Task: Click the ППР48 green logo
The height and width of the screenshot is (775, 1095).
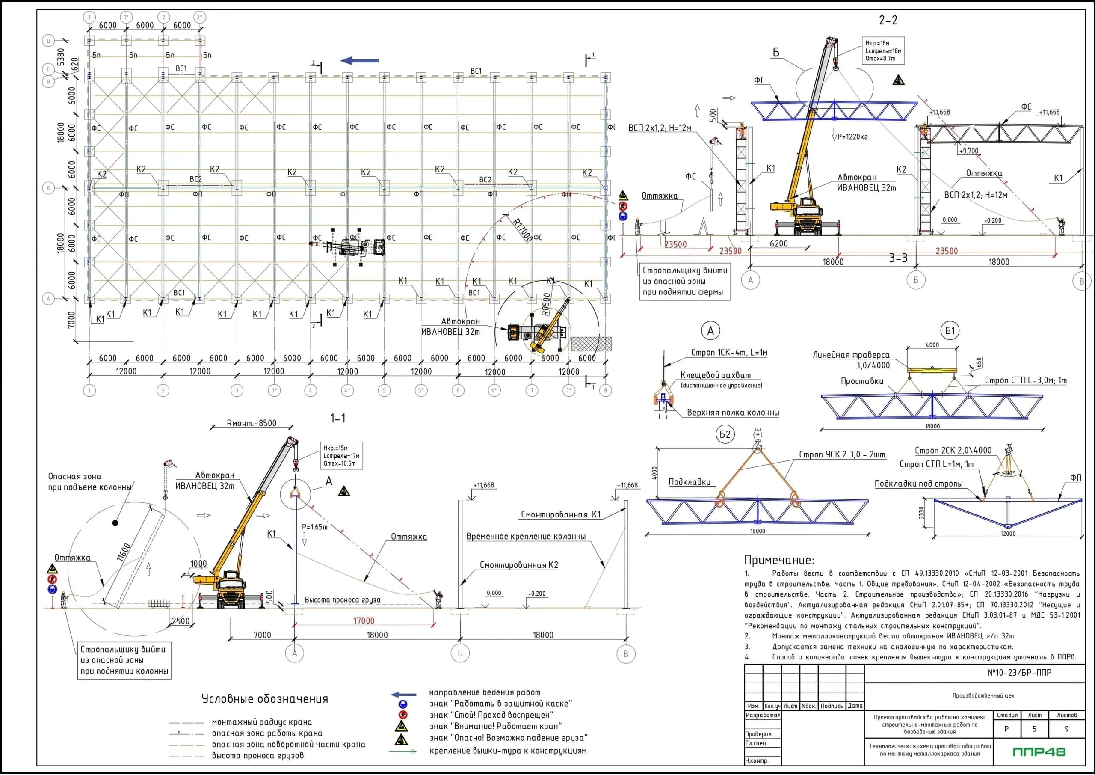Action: click(x=1039, y=752)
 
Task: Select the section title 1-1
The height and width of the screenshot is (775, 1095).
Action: click(x=337, y=419)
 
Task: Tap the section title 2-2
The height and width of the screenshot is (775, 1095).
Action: click(x=888, y=20)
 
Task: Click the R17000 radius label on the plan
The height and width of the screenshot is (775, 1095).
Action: click(x=522, y=229)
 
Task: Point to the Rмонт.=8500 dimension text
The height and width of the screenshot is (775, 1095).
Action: click(x=252, y=423)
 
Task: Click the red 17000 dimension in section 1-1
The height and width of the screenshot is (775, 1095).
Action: click(x=364, y=621)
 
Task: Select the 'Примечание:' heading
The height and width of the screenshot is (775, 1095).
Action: click(x=779, y=560)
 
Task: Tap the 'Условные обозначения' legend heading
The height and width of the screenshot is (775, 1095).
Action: click(x=265, y=699)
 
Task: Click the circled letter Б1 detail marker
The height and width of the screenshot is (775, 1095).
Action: click(x=950, y=331)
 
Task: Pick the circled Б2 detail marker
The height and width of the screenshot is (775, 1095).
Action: click(x=725, y=434)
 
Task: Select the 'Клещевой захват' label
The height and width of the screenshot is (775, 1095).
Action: click(x=715, y=376)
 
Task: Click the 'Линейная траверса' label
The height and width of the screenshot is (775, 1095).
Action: click(x=851, y=355)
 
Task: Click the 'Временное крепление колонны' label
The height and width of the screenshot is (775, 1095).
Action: click(x=526, y=536)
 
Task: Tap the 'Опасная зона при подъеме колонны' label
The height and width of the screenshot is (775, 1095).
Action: click(x=89, y=481)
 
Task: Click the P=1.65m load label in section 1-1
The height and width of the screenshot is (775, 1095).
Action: click(x=315, y=527)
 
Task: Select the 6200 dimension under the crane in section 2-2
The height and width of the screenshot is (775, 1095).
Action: click(x=779, y=243)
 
